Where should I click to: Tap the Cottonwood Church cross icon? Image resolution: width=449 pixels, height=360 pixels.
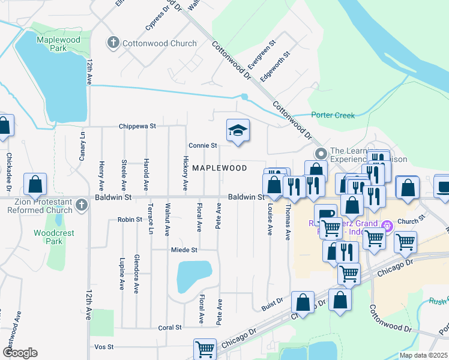pos(113,43)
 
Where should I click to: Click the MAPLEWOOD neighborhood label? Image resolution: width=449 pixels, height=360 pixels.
pos(219,168)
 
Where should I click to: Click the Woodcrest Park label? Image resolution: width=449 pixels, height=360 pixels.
pos(48,237)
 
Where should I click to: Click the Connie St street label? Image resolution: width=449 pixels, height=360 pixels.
pos(202,145)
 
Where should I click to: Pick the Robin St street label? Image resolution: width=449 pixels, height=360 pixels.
pos(129,220)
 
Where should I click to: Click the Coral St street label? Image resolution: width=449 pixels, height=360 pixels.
pos(170,328)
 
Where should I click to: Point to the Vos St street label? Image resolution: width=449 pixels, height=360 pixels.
pos(104,347)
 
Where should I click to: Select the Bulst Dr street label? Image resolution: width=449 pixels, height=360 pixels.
pos(272,307)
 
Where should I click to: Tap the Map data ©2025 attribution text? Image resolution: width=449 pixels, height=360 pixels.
pos(423,355)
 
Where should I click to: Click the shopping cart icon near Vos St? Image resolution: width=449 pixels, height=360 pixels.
pos(205,349)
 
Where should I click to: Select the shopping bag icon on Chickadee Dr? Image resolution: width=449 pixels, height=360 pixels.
pos(4,126)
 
